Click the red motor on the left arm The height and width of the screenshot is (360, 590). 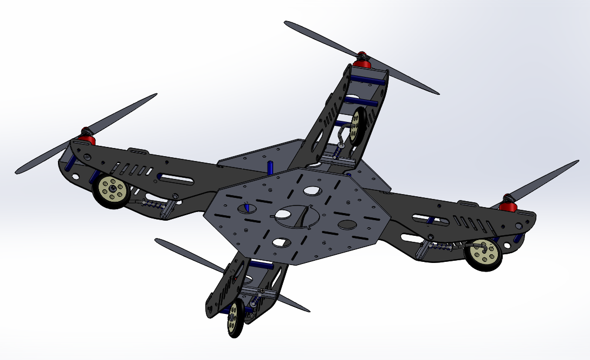point(87,137)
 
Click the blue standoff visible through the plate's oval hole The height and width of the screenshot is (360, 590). point(246,208)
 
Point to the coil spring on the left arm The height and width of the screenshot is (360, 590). point(151,204)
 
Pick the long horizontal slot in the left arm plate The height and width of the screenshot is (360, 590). point(176,178)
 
